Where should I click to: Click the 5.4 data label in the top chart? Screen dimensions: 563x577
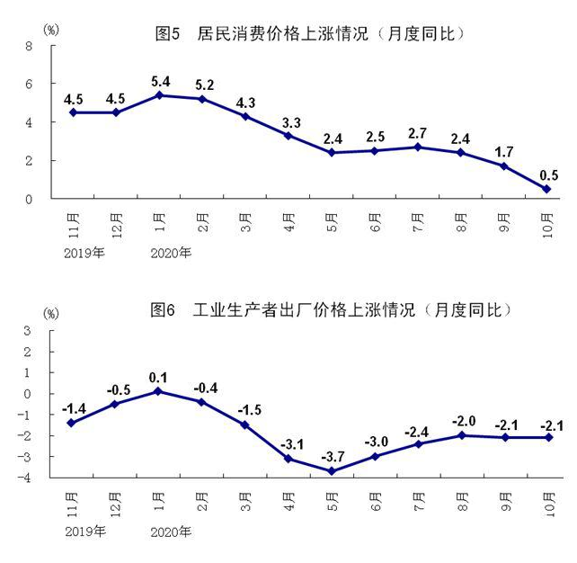158,77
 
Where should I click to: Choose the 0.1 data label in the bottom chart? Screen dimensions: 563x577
158,374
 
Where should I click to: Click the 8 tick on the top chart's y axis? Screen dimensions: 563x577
29,46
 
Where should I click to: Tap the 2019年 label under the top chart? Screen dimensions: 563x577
84,253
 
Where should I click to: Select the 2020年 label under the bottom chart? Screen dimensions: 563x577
170,532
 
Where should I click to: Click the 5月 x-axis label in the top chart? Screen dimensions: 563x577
332,220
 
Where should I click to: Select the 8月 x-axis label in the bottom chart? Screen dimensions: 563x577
461,501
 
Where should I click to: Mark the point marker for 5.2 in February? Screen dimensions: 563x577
201,99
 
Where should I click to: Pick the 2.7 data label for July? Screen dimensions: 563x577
417,130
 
